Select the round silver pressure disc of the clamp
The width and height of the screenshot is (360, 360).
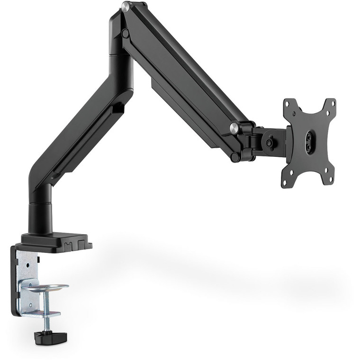click(46, 287)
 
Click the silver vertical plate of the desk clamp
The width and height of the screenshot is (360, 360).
click(27, 279)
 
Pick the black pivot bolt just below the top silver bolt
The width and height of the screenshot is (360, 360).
click(125, 34)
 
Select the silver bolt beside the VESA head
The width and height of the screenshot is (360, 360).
click(234, 127)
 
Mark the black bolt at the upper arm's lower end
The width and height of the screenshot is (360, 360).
click(235, 156)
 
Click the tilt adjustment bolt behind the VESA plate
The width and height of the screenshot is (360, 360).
click(270, 141)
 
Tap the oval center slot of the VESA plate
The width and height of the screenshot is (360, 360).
click(310, 141)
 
